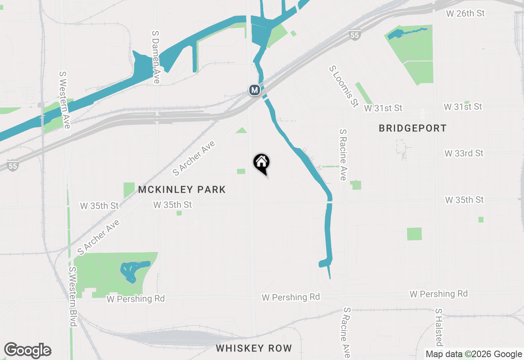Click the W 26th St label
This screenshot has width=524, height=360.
465,13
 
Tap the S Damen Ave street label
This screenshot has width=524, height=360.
155,57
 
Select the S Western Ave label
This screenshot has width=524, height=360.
65,100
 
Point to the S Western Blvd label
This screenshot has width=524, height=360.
73,297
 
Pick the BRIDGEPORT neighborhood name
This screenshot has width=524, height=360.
412,128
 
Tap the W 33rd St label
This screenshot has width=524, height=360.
464,153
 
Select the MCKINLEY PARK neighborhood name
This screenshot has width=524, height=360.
182,190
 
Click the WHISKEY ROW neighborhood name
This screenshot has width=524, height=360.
254,349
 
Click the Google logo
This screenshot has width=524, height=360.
27,351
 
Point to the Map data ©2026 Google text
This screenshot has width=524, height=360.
474,354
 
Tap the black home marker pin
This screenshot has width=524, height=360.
262,164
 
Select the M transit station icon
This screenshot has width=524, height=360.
255,90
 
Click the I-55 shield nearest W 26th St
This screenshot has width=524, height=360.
355,36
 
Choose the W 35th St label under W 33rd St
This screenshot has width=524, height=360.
464,200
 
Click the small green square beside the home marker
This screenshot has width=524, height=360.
241,171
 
